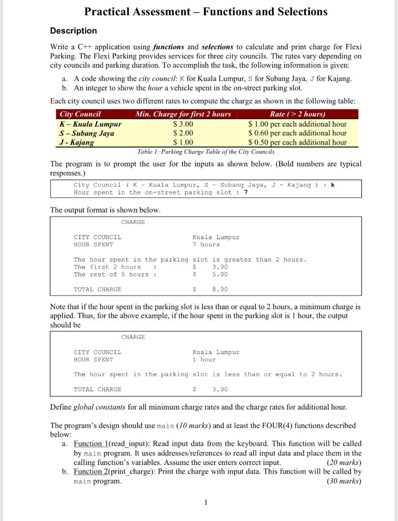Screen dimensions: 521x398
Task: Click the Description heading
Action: coord(73,31)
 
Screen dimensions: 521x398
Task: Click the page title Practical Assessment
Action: coord(206,11)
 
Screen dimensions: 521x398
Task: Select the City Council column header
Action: coord(80,114)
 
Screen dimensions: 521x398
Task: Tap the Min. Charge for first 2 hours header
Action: coord(183,114)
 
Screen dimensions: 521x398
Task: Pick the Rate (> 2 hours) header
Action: coord(298,114)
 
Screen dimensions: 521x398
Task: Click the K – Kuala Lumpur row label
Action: coord(91,124)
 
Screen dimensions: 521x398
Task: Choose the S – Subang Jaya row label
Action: coord(87,133)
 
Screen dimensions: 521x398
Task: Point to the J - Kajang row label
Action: coord(77,142)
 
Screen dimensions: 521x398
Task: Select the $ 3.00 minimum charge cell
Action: coord(183,124)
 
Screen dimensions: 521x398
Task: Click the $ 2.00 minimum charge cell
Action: coord(183,133)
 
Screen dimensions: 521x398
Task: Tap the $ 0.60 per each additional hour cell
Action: coord(298,133)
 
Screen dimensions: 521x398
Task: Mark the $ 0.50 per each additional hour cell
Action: coord(298,142)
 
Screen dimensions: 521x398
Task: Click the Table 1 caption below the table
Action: coord(206,152)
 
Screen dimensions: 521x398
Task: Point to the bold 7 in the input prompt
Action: coord(246,192)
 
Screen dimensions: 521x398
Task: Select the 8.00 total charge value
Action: coord(220,290)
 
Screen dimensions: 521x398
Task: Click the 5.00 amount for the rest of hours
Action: coord(220,275)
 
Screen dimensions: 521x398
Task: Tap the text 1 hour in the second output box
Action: coord(204,360)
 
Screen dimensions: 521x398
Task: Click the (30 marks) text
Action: coord(344,481)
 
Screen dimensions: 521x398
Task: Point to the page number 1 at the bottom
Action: coord(206,503)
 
